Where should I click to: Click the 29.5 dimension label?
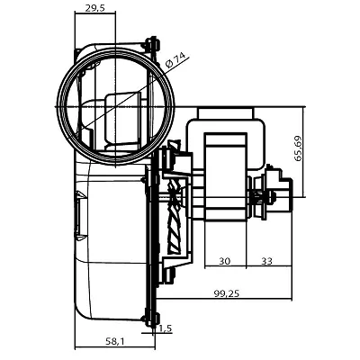(94, 8)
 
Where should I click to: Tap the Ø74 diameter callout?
(175, 60)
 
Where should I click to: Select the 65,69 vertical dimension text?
(298, 148)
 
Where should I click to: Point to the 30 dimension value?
(224, 261)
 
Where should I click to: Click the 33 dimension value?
(266, 261)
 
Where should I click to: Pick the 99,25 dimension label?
(227, 293)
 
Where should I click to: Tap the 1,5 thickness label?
(166, 328)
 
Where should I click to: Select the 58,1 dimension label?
(114, 341)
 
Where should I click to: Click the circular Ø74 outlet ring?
(115, 49)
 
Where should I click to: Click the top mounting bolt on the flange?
(153, 43)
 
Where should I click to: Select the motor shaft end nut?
(273, 197)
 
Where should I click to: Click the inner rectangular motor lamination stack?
(225, 176)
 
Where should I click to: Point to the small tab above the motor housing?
(226, 113)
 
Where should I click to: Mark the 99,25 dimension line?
(224, 299)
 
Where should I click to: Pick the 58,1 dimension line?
(115, 348)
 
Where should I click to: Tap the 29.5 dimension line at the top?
(95, 13)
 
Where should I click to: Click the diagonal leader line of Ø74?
(137, 92)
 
